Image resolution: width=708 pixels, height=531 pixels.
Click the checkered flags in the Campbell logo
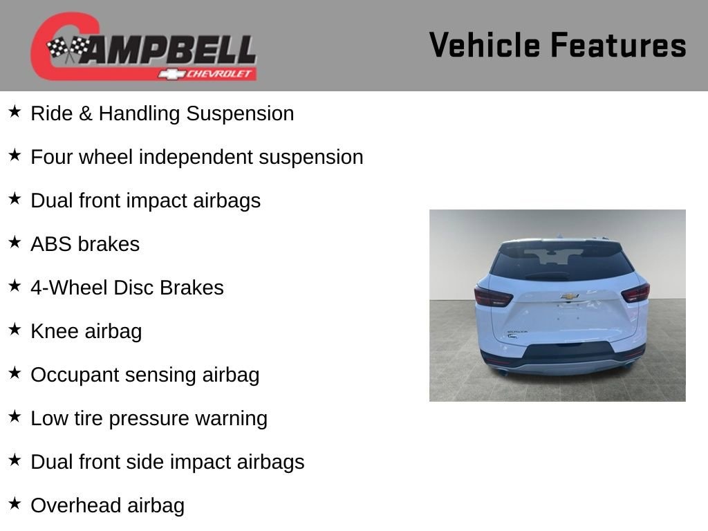68,49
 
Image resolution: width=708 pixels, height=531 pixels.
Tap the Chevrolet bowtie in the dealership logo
171,74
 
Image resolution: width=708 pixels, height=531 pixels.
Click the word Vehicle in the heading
485,45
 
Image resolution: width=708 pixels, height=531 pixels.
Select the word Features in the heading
619,45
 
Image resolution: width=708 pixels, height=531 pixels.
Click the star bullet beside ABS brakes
15,242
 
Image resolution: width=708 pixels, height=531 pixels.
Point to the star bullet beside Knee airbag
15,329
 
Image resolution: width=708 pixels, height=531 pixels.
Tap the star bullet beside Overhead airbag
15,503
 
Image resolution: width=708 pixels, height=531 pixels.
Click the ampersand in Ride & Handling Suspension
85,113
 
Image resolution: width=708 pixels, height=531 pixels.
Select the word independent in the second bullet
196,157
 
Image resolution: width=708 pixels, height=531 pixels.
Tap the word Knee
54,331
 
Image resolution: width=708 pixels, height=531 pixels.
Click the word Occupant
75,375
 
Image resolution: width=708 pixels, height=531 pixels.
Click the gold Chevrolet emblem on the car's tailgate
570,296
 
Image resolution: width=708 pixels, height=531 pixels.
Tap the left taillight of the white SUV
493,297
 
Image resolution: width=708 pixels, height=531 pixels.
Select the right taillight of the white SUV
635,293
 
